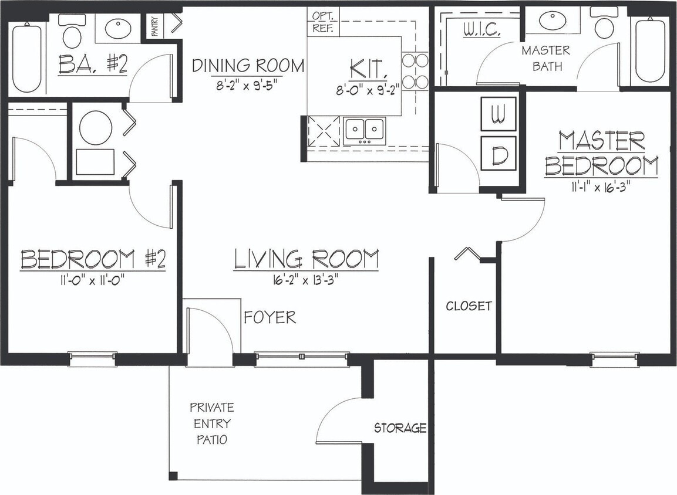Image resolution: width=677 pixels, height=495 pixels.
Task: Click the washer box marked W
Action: tap(499, 114)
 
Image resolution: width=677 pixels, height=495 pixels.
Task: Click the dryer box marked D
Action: tap(499, 154)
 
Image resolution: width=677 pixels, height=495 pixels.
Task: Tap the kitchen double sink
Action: tap(365, 130)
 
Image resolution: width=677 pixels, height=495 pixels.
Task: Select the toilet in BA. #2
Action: tap(72, 32)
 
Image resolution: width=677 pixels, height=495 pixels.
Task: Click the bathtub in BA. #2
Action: tap(26, 57)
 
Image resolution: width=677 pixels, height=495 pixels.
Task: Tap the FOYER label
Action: tap(270, 317)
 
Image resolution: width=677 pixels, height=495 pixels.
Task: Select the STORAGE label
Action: tap(400, 428)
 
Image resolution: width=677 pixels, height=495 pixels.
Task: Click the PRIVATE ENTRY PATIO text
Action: tap(211, 423)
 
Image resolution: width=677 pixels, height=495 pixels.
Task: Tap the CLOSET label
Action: tap(469, 306)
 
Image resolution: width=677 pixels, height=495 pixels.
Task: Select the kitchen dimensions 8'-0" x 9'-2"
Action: tap(368, 91)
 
